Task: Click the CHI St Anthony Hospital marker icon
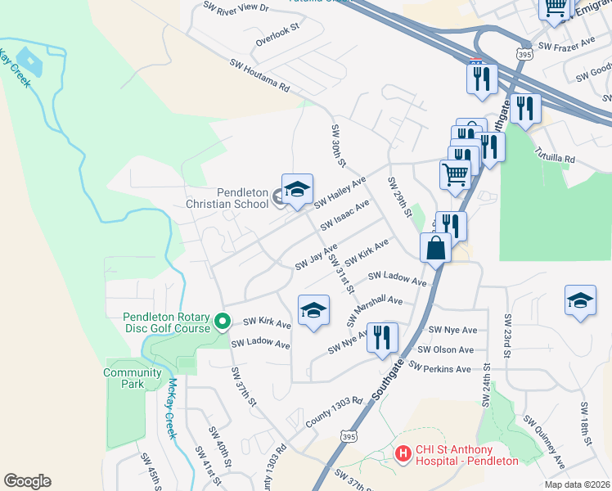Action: (402, 453)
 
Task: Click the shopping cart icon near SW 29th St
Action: (455, 173)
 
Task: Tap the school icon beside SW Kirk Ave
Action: (313, 310)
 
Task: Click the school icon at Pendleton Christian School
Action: (297, 189)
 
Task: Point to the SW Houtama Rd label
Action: (260, 75)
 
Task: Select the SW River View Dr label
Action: (236, 7)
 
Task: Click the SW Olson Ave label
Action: (446, 349)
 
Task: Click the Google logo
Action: (27, 480)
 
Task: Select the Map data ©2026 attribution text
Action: (576, 484)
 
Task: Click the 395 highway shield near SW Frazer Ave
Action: (522, 52)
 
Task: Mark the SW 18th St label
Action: (585, 420)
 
